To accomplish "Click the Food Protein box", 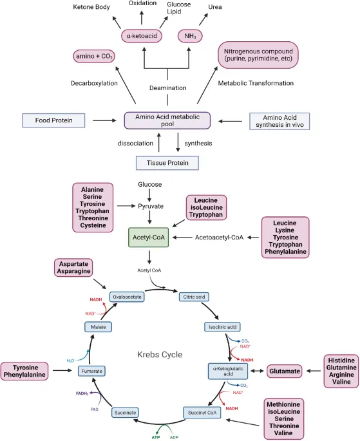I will [54, 120].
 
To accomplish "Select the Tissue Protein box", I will [167, 163].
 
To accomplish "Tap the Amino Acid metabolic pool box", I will [167, 120].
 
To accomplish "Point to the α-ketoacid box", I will [142, 35].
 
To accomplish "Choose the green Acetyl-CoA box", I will [150, 238].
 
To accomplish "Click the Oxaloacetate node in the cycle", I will [126, 297].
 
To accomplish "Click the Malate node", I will [97, 327].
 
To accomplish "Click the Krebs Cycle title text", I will [160, 355].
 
